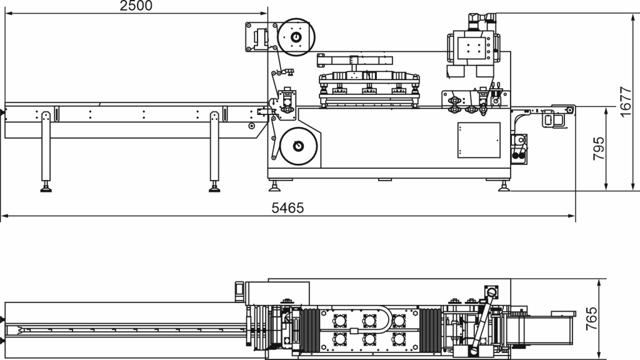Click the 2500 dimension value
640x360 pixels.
click(x=136, y=6)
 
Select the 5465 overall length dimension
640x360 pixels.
click(x=287, y=208)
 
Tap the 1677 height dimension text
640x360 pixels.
click(x=625, y=102)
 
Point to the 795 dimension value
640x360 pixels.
click(x=598, y=149)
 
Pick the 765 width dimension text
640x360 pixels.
click(x=591, y=319)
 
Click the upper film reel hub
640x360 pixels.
click(x=296, y=37)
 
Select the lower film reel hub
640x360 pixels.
click(x=298, y=146)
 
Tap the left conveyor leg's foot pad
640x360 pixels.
click(x=46, y=188)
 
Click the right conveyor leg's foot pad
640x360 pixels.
click(x=214, y=188)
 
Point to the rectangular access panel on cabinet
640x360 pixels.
click(x=479, y=140)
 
